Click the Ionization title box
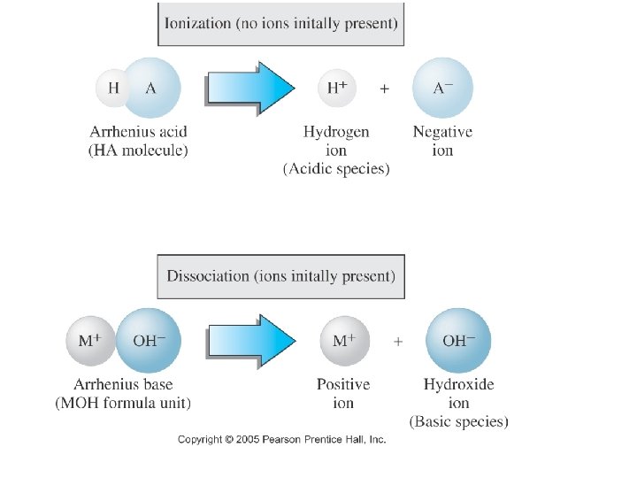point(280,24)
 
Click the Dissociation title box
point(280,275)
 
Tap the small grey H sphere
point(113,88)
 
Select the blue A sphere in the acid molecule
point(151,88)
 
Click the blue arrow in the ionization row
point(250,89)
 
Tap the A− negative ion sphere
point(442,88)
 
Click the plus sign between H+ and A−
point(384,89)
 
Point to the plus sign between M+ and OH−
point(398,341)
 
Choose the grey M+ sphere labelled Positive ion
point(343,341)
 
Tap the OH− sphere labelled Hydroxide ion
point(457,341)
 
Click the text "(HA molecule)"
point(138,150)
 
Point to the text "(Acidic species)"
point(336,169)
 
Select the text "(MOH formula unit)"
point(123,403)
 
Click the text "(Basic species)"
point(458,421)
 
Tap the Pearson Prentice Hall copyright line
point(281,439)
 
